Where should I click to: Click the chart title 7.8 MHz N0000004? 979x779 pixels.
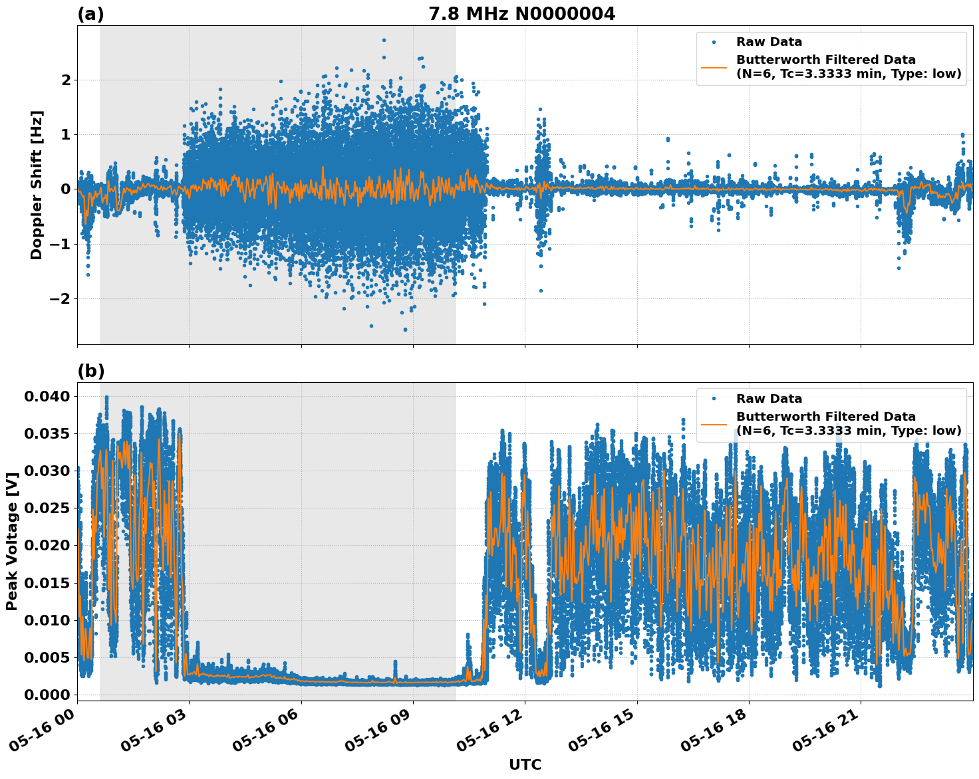(x=521, y=14)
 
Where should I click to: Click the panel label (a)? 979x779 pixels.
(x=91, y=14)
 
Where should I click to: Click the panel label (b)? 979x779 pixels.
(x=91, y=371)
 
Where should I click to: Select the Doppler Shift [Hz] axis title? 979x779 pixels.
(x=37, y=185)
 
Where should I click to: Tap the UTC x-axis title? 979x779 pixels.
(x=525, y=764)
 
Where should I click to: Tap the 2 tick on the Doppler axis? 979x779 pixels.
(x=66, y=80)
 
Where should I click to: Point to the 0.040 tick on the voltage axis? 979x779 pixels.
(x=47, y=397)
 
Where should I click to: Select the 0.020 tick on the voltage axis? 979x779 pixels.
(x=47, y=546)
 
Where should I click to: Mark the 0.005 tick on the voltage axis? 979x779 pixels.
(x=47, y=657)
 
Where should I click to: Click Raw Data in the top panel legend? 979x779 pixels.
(x=769, y=42)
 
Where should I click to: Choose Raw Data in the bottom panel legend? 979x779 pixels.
(x=769, y=399)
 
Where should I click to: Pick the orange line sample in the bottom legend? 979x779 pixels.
(x=714, y=423)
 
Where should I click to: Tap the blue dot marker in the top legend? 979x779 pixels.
(x=714, y=42)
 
